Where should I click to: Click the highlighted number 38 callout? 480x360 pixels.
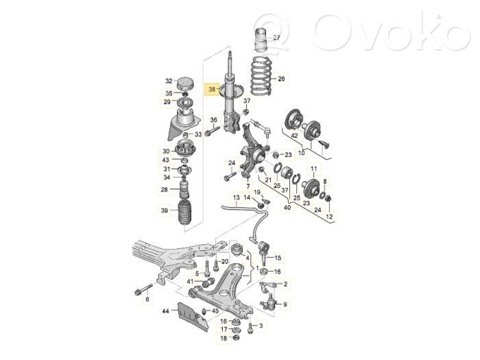coord(212,89)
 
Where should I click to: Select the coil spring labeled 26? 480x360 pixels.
coord(261,75)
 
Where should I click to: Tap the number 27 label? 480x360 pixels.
coord(276,38)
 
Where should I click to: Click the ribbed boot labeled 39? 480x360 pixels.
coord(185,213)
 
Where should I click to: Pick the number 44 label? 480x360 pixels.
coord(166,311)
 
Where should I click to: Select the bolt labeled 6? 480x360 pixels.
coord(143,289)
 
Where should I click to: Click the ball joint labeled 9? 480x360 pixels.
coord(269,302)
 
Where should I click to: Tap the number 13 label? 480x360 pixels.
coord(237,197)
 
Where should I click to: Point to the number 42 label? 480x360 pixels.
coord(294,135)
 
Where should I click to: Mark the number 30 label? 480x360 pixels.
coord(166,151)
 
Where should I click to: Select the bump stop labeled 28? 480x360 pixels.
coord(184,190)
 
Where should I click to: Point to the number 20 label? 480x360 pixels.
coord(225,261)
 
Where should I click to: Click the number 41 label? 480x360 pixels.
coord(191,281)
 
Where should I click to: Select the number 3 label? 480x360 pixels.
coord(261,326)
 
